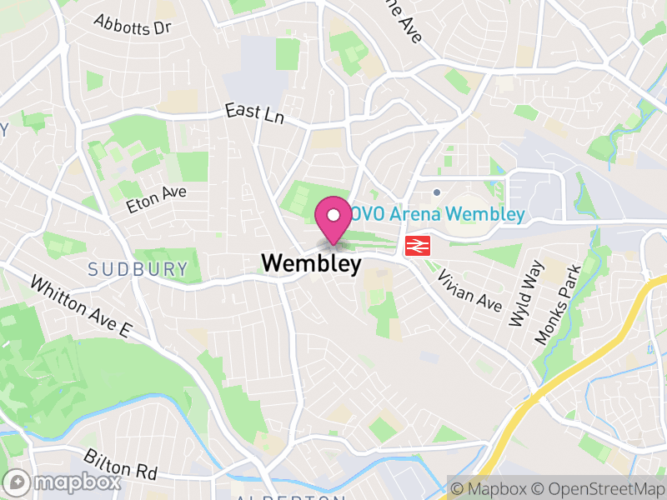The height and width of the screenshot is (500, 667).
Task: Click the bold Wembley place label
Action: coord(311,263)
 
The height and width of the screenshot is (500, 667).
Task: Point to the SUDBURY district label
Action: coord(138,269)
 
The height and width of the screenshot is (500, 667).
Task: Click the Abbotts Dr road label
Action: coord(132,26)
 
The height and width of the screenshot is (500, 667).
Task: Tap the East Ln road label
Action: coord(255,114)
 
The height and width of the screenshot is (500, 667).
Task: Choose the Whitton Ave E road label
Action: coord(81,307)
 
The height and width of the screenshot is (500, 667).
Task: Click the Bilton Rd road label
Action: coord(120,463)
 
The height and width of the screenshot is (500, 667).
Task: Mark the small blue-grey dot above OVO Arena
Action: coord(436,192)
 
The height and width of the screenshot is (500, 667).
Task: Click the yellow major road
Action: coord(584,358)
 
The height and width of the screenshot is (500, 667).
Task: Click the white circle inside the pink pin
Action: coord(333,215)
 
